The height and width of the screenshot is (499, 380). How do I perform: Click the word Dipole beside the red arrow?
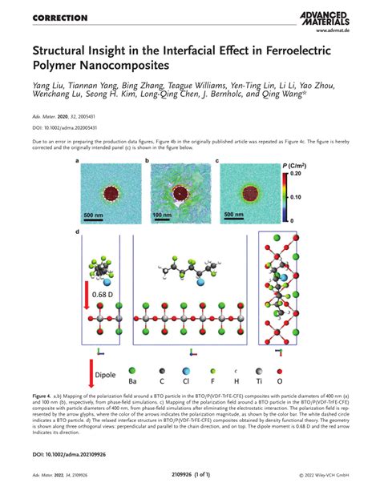pyautogui.click(x=106, y=374)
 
